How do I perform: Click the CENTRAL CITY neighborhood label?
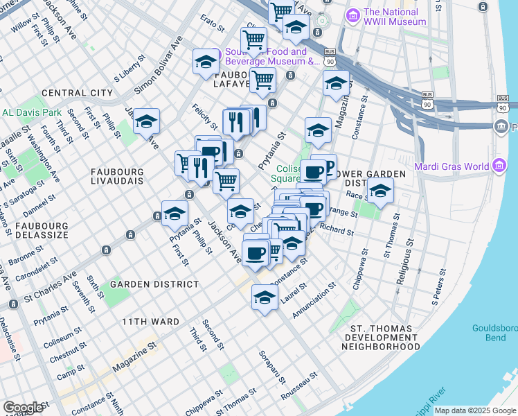(x=77, y=93)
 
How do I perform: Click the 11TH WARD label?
(x=150, y=322)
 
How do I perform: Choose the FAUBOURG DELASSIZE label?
(x=34, y=230)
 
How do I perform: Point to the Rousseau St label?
(x=300, y=384)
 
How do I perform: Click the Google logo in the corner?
(x=23, y=408)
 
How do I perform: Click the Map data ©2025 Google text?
(x=476, y=410)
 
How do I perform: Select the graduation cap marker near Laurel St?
(x=265, y=297)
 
